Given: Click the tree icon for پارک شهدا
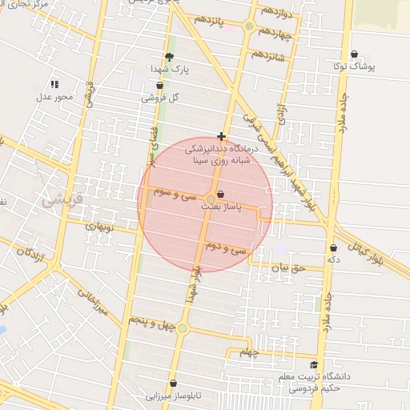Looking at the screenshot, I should pos(168,56).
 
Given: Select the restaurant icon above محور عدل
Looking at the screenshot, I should pos(54,84).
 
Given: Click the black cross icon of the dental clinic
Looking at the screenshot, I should pos(221,137).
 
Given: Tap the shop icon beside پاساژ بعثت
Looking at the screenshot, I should pos(221,194).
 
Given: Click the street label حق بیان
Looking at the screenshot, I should pos(287,268).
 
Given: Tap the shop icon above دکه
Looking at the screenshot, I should pos(332,248).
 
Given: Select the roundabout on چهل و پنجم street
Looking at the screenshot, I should pos(183,328).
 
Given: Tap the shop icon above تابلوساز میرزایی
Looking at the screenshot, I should pos(173,384).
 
